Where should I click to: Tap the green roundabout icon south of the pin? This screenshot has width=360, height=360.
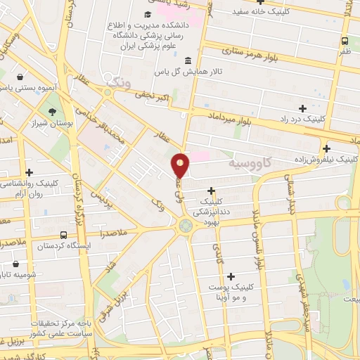pos(186,226)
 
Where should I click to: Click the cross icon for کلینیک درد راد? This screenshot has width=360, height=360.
pos(302,108)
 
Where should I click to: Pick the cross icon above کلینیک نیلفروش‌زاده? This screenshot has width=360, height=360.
pos(326,148)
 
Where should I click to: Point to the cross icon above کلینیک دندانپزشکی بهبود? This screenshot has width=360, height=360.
pos(211,191)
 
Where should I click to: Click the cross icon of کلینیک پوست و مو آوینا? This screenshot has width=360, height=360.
pos(231,276)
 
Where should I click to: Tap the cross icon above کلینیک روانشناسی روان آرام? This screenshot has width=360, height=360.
pos(29,172)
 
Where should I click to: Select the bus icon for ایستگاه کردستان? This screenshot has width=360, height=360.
pos(64,236)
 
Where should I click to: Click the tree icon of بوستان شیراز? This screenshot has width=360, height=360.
pos(52,111)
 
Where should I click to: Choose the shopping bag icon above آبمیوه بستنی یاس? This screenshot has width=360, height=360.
pos(20,77)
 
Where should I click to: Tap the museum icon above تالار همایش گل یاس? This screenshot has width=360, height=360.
pos(187,60)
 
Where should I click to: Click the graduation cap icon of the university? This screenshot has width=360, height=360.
pos(148,15)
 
